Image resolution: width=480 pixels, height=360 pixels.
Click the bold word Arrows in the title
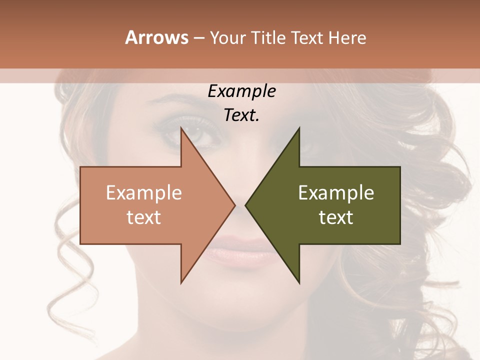(157, 37)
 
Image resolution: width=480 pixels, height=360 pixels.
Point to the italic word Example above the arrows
(241, 91)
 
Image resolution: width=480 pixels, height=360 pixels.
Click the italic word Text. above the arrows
(241, 115)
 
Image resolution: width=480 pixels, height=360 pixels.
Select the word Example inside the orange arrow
(144, 193)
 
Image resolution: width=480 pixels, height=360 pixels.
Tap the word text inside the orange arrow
(144, 217)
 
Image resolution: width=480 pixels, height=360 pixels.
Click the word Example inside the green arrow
(336, 193)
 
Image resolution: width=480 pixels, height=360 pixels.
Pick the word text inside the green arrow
(336, 217)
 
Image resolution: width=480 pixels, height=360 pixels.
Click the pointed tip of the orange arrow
(234, 205)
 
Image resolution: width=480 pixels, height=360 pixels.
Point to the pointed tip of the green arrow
(245, 205)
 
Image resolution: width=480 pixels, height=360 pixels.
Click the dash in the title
(199, 38)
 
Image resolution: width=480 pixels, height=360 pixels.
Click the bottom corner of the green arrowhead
(299, 283)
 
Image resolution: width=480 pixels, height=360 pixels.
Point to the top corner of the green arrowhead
(299, 128)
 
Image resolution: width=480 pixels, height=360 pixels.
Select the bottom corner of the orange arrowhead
(181, 283)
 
